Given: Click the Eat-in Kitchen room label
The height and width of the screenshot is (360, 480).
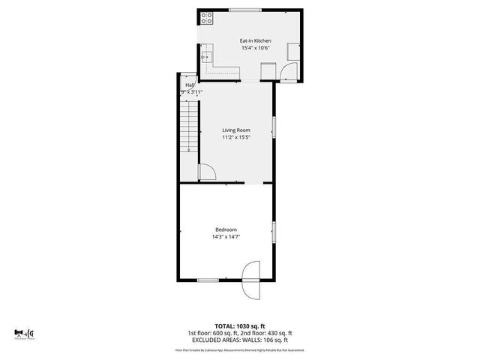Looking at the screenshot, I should click(255, 40).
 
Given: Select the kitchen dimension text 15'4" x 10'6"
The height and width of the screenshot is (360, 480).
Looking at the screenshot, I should click(255, 48).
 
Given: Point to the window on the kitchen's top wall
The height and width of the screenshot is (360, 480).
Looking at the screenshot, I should click(244, 10).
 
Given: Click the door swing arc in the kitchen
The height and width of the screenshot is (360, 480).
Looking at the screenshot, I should click(288, 72).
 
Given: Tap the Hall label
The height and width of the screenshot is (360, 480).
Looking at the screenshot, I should click(190, 85).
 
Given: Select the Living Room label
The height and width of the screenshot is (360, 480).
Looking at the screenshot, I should click(235, 130).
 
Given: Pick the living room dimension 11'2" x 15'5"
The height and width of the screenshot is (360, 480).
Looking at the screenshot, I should click(235, 138).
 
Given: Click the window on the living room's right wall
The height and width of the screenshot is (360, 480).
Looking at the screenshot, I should click(274, 126).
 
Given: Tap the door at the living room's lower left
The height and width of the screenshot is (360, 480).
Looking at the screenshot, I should click(208, 172).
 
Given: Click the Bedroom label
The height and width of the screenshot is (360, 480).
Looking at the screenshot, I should click(226, 229).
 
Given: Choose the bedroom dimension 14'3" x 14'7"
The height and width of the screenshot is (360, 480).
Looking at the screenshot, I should click(226, 237).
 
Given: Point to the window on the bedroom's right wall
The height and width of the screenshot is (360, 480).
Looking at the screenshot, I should click(274, 232).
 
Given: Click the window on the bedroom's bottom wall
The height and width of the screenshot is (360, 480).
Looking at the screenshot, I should click(208, 280).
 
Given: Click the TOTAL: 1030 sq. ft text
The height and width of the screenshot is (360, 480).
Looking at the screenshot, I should click(240, 326).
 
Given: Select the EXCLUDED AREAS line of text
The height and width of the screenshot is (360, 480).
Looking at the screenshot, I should click(240, 339).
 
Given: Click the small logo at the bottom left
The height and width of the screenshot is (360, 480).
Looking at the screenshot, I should click(25, 332).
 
